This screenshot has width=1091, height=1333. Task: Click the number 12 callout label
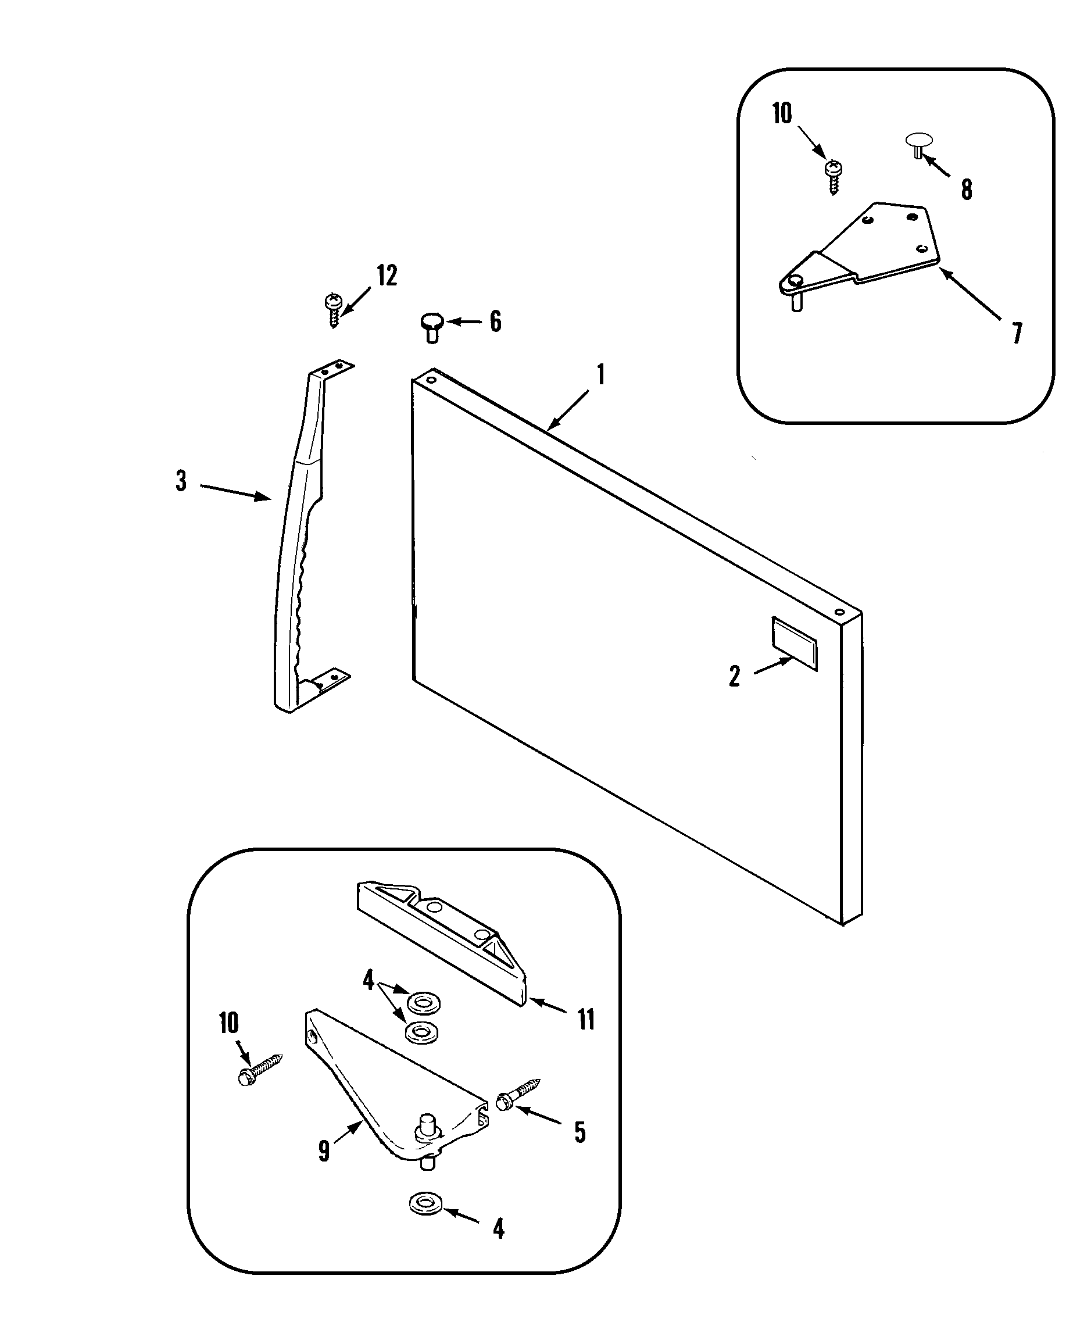[387, 276]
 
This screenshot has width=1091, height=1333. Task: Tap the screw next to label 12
[333, 310]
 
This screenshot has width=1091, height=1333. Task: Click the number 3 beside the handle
[181, 481]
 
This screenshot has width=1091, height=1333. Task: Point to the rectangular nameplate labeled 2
[795, 644]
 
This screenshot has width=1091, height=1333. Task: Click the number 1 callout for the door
[601, 375]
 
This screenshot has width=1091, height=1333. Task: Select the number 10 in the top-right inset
[782, 114]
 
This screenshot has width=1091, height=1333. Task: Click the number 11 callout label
[586, 1020]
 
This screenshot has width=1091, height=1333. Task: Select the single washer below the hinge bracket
[425, 1203]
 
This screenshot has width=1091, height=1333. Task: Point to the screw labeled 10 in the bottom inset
[260, 1070]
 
